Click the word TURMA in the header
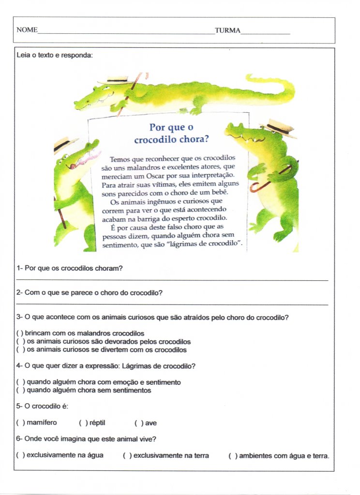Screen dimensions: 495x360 (227, 30)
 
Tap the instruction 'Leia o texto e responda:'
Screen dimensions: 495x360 (54, 56)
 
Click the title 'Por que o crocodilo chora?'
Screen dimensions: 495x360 (171, 134)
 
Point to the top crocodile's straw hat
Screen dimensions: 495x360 (114, 80)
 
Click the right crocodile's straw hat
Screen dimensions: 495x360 (279, 128)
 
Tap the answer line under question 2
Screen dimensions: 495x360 (172, 305)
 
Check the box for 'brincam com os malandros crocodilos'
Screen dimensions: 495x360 (20, 334)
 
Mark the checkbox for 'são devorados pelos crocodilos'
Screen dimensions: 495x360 (20, 342)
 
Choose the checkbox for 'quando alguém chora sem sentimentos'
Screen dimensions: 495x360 (20, 390)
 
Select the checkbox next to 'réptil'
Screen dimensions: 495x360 (83, 423)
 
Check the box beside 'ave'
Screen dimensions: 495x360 (138, 423)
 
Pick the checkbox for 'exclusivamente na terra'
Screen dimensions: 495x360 (127, 455)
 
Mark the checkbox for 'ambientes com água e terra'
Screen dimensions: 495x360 (232, 455)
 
